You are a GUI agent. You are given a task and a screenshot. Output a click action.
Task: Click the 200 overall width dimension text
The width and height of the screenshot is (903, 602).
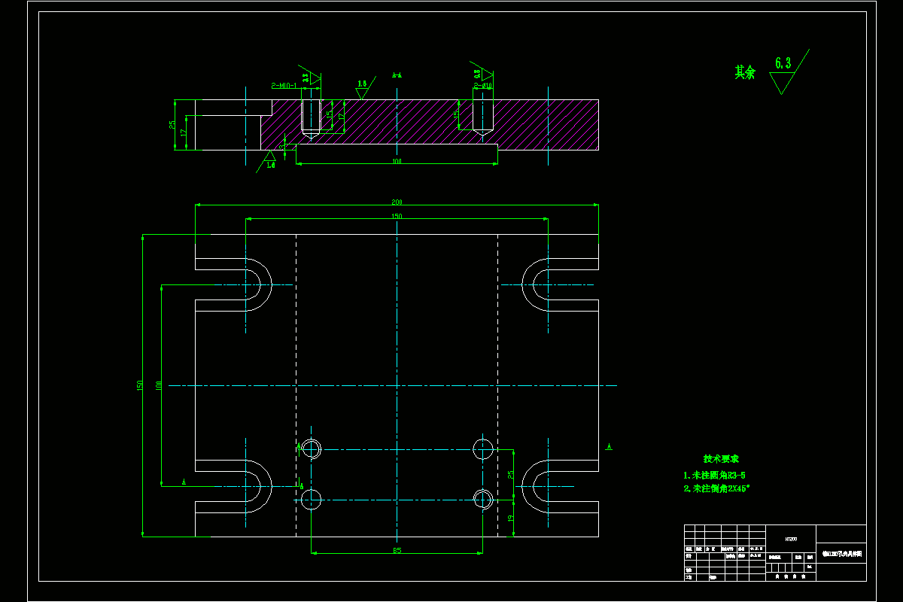tap(397, 202)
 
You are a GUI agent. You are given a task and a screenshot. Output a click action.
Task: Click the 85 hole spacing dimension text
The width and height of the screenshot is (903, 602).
tap(397, 550)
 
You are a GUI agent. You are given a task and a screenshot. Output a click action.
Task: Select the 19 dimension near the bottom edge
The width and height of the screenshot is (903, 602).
tap(510, 518)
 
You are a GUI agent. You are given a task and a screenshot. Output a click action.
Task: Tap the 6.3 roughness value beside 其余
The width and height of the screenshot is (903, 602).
tap(783, 63)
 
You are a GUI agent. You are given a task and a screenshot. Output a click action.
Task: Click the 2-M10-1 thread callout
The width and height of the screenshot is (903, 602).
tap(284, 86)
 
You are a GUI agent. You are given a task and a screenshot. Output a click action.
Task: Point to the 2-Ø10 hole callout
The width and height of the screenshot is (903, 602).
tap(482, 86)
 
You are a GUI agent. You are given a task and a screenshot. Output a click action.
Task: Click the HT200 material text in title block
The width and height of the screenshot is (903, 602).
tap(791, 538)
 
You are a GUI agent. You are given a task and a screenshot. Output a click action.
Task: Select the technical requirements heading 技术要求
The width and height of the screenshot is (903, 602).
tap(721, 459)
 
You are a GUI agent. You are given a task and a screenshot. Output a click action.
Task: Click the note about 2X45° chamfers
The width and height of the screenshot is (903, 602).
tap(716, 488)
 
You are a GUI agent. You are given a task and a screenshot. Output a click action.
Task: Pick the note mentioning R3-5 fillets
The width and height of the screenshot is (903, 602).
tap(714, 475)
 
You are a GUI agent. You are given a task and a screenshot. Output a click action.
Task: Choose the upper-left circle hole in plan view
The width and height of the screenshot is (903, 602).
tap(311, 449)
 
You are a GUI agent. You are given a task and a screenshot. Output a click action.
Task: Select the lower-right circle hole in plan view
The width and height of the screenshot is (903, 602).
tap(482, 498)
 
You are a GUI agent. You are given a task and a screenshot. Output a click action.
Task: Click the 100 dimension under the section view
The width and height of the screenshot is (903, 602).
tap(397, 161)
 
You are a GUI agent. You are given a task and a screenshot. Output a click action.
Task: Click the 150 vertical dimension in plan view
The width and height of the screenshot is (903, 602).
tap(139, 385)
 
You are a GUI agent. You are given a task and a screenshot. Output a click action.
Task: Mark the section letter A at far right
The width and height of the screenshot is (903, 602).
tap(609, 447)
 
